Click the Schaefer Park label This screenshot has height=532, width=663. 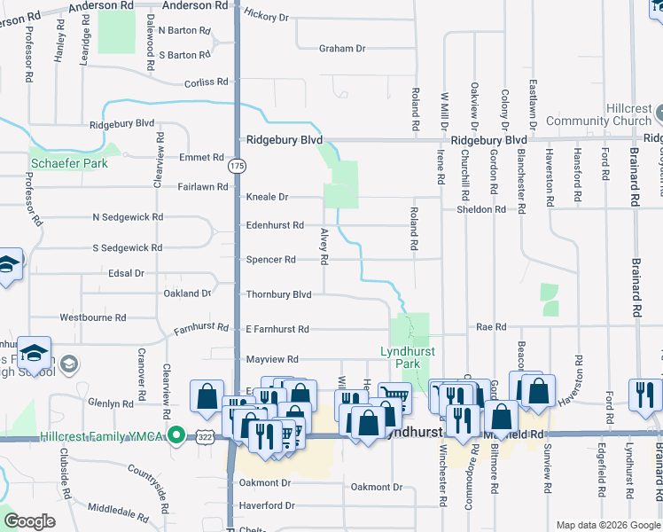tap(70, 163)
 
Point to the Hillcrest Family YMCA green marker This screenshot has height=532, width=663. tap(177, 436)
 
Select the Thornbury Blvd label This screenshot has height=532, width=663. tap(279, 294)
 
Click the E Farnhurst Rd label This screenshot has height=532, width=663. tap(277, 329)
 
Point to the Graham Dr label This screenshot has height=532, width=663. tap(343, 49)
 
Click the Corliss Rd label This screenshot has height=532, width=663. tap(206, 82)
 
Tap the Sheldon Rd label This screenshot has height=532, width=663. tap(480, 210)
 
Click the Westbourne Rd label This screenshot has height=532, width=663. tap(92, 317)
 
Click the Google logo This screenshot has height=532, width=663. tap(30, 521)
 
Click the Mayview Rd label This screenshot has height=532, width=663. tap(272, 359)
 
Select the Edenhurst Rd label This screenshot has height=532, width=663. tap(275, 225)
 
